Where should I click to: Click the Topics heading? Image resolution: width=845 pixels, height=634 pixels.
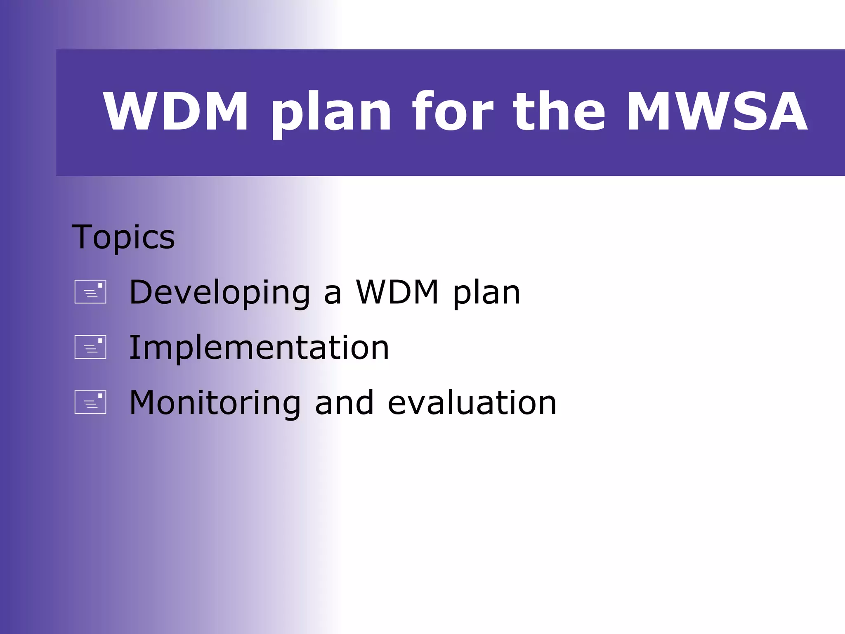pos(123,237)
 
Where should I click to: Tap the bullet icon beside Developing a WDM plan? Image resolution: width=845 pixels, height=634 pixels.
pos(90,292)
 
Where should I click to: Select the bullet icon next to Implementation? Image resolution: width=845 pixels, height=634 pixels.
pos(90,347)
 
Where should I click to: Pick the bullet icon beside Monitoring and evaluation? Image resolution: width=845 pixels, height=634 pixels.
pos(90,402)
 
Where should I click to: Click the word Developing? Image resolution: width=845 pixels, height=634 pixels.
pos(220,293)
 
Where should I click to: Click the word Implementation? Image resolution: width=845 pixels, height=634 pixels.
pos(259,348)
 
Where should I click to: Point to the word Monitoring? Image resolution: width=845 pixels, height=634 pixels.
pos(215,403)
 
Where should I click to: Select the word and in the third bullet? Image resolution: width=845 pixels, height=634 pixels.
pos(344,403)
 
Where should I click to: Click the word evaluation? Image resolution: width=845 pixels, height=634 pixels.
pos(472,403)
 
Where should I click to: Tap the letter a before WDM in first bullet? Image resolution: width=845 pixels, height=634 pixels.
pos(333,294)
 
